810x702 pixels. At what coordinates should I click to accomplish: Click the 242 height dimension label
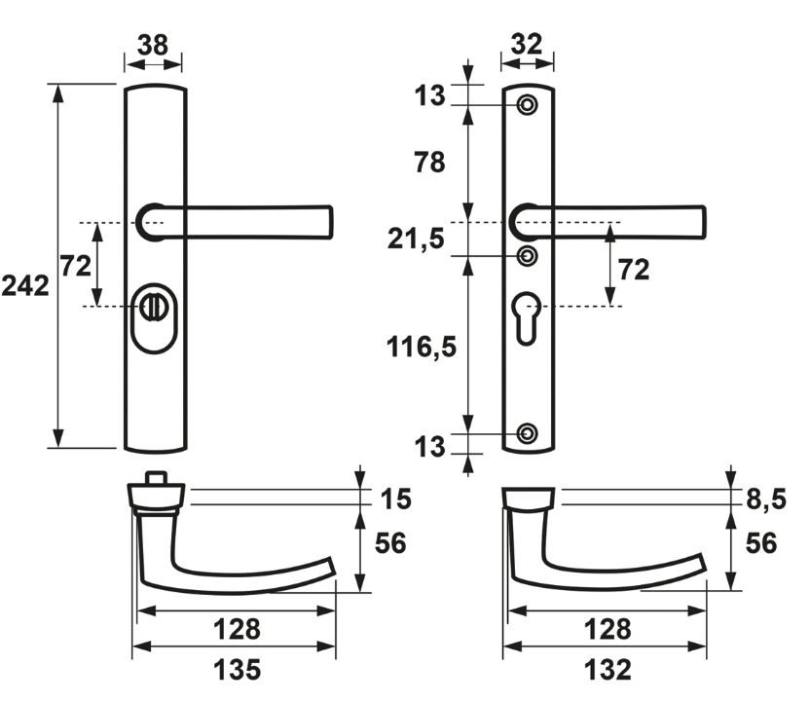(x=25, y=285)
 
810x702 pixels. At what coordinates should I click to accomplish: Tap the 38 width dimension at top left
(x=153, y=45)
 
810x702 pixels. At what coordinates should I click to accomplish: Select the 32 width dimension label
(x=527, y=44)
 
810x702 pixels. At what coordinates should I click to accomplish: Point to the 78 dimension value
(x=429, y=163)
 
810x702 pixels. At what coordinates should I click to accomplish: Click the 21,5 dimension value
(x=416, y=240)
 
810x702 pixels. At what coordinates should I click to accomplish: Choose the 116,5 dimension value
(x=422, y=347)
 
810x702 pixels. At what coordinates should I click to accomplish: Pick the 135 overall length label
(x=238, y=670)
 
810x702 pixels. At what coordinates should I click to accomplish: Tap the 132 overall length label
(x=607, y=670)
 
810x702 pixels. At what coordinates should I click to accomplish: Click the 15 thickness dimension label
(x=395, y=499)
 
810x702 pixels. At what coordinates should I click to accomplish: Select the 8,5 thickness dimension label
(x=766, y=499)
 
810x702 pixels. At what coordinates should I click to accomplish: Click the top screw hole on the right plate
(x=527, y=105)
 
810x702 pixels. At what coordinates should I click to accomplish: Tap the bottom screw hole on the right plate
(x=527, y=433)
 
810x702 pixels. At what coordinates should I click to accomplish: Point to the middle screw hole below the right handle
(x=527, y=256)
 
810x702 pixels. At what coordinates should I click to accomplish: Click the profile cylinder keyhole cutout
(x=526, y=317)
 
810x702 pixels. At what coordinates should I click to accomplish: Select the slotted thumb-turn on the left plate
(x=152, y=307)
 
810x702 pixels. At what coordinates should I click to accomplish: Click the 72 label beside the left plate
(x=75, y=266)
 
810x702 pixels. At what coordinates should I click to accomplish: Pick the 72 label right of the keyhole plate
(x=634, y=270)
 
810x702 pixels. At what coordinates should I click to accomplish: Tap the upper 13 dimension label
(x=429, y=95)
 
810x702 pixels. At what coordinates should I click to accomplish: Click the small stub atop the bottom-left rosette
(x=155, y=477)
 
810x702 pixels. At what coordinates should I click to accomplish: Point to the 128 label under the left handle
(x=238, y=629)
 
